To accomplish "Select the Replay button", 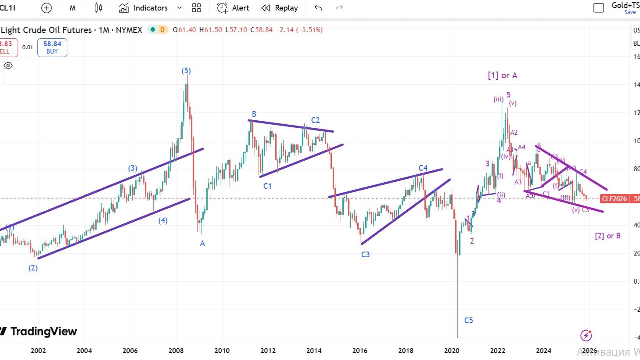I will (x=280, y=8).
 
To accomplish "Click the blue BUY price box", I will (x=52, y=47).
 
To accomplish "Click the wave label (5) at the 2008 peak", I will (x=186, y=71).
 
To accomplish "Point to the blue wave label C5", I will (x=468, y=320).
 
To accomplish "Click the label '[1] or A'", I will (x=502, y=76).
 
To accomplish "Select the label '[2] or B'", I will (x=608, y=236).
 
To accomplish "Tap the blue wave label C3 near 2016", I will (x=365, y=255).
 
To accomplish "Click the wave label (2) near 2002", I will (x=33, y=268).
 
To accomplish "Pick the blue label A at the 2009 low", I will (x=202, y=243).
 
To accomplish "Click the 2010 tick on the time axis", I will (x=222, y=350).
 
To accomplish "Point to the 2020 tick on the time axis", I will (x=452, y=350).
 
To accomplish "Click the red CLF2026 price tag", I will (x=614, y=199).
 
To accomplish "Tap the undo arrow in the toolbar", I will (x=318, y=8).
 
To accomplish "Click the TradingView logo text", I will (x=43, y=331).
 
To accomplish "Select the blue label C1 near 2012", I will (x=267, y=186).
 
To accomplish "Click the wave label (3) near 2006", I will (x=133, y=168).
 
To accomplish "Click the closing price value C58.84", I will (x=262, y=30).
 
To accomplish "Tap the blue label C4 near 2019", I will (x=423, y=168).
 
